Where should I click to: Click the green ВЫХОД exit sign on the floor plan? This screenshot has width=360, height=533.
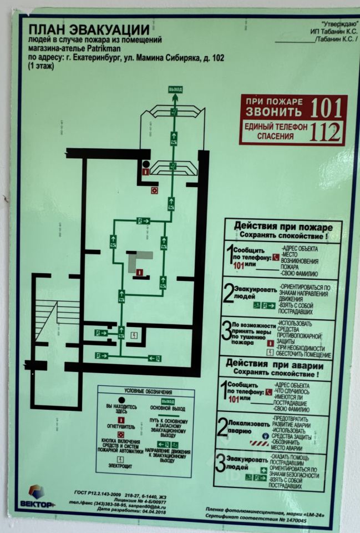(x=175, y=89)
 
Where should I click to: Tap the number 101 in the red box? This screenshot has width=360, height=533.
(x=327, y=108)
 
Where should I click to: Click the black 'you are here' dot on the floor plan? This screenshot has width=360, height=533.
(x=145, y=164)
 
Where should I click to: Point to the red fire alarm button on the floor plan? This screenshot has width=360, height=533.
(x=154, y=190)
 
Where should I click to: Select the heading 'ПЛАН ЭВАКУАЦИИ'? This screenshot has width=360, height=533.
(x=89, y=29)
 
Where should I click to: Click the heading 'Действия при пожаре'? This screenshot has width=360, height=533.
(x=283, y=227)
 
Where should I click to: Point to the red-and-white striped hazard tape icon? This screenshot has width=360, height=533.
(x=259, y=443)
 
